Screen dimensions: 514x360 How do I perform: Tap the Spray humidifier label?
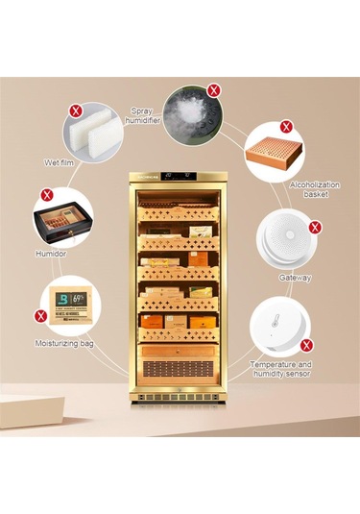click(140, 116)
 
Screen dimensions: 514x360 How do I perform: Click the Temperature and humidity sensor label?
click(280, 370)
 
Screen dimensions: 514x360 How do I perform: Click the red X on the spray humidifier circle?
click(213, 89)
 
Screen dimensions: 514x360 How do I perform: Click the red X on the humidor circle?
click(46, 195)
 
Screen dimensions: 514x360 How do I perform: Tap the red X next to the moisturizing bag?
click(41, 314)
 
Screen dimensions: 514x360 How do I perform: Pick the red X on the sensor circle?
click(306, 344)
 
